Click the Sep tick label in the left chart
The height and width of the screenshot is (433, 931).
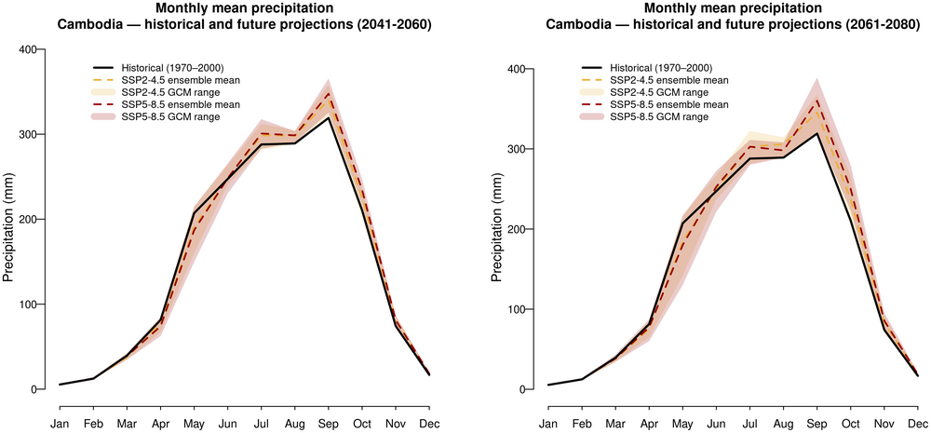(x=328, y=424)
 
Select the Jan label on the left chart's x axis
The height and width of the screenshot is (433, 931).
(x=60, y=424)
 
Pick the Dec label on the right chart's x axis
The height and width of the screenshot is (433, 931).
(x=917, y=424)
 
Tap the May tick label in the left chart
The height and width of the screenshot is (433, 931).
(x=194, y=424)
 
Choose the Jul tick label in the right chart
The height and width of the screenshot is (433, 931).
(x=749, y=424)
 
